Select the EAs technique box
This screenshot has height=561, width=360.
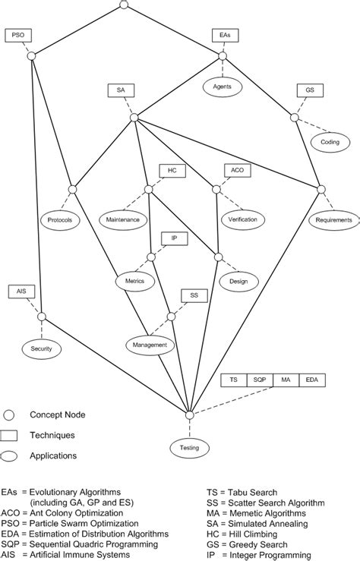tap(223, 35)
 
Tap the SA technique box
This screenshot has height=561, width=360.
tap(121, 90)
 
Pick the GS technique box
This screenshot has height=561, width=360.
tap(309, 90)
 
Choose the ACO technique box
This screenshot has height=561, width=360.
tap(235, 170)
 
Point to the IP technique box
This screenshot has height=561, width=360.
tap(174, 238)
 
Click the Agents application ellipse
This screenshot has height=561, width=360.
tap(222, 87)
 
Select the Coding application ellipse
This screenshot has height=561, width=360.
tap(330, 141)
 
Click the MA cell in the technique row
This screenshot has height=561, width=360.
tap(286, 380)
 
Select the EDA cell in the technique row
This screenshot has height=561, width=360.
tap(311, 380)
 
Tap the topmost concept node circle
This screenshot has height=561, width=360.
tap(125, 5)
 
